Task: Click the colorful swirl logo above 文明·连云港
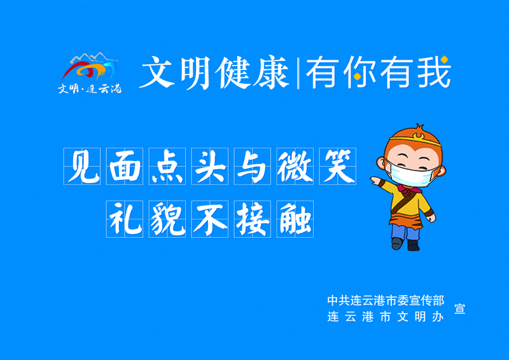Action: click(x=89, y=67)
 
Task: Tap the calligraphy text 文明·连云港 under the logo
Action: click(x=90, y=88)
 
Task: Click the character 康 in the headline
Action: click(x=272, y=72)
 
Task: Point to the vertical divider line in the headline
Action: click(x=298, y=73)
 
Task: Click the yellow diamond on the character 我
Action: click(x=444, y=59)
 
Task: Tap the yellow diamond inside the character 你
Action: click(x=357, y=76)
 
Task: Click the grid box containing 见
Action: click(x=82, y=166)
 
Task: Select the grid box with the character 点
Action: click(x=167, y=166)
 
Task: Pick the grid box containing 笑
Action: click(x=338, y=166)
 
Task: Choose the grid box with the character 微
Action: click(x=295, y=166)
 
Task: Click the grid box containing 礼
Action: click(x=125, y=219)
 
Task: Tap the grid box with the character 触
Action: click(x=295, y=219)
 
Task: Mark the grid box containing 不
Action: click(x=210, y=219)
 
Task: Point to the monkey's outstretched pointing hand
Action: click(x=375, y=180)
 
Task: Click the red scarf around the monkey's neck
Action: click(x=410, y=189)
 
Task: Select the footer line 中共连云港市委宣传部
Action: click(x=386, y=300)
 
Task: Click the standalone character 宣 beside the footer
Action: click(x=459, y=308)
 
